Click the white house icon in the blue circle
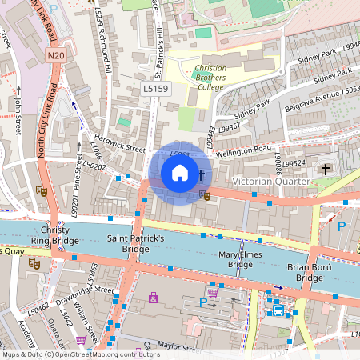179,172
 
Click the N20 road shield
55,55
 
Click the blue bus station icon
278,310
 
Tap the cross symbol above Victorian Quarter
325,169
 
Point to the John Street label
15,115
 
